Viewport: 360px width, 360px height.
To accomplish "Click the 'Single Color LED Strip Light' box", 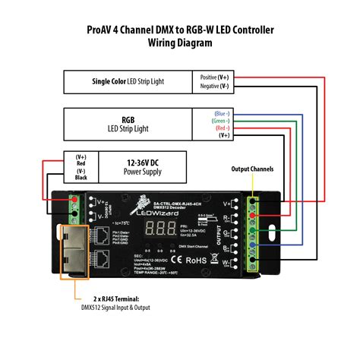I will coord(128,81).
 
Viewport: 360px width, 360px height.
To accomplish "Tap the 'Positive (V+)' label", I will coord(214,77).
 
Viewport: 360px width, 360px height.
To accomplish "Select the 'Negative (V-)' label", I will coord(214,87).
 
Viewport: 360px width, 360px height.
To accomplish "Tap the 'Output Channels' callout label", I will coord(252,169).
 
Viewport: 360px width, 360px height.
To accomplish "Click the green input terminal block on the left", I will coord(74,203).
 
